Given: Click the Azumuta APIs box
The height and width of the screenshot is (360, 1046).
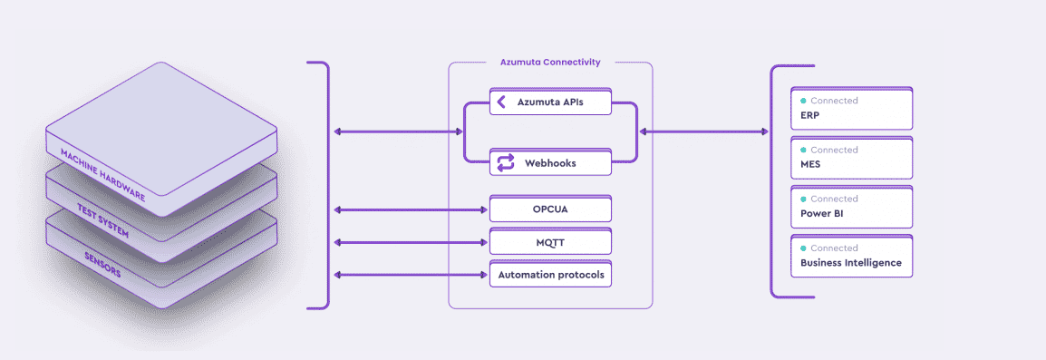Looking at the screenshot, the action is pos(550,102).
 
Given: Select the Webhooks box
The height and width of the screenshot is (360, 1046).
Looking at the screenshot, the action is pos(550,162).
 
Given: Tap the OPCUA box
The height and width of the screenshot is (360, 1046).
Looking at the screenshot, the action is pos(550,209).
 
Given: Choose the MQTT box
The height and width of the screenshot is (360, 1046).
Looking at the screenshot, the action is pos(550,242).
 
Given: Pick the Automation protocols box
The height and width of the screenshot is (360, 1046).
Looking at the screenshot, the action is pos(550,274).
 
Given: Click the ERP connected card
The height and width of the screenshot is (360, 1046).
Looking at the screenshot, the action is pos(851,108).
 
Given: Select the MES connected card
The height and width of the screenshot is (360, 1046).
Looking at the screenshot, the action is pos(851,158).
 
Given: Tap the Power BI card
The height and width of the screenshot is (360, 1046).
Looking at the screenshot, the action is pos(851,207).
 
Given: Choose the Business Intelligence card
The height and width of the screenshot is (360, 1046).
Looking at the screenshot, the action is pos(851,256).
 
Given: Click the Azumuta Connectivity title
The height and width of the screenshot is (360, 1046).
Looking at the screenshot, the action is pos(550,62).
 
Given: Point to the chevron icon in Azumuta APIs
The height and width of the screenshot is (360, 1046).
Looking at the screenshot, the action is pos(501,102).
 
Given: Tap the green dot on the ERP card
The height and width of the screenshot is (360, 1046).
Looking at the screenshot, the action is pos(803,101).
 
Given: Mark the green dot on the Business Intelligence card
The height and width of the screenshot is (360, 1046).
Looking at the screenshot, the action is pos(803,248).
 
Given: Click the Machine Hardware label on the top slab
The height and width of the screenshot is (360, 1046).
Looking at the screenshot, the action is pos(102,175).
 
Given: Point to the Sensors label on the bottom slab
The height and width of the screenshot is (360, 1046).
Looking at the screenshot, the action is pos(102,265).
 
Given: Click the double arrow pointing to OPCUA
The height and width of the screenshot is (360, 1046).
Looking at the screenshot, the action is pos(411,209).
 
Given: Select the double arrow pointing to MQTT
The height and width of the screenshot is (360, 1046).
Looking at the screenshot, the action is pos(411,242).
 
